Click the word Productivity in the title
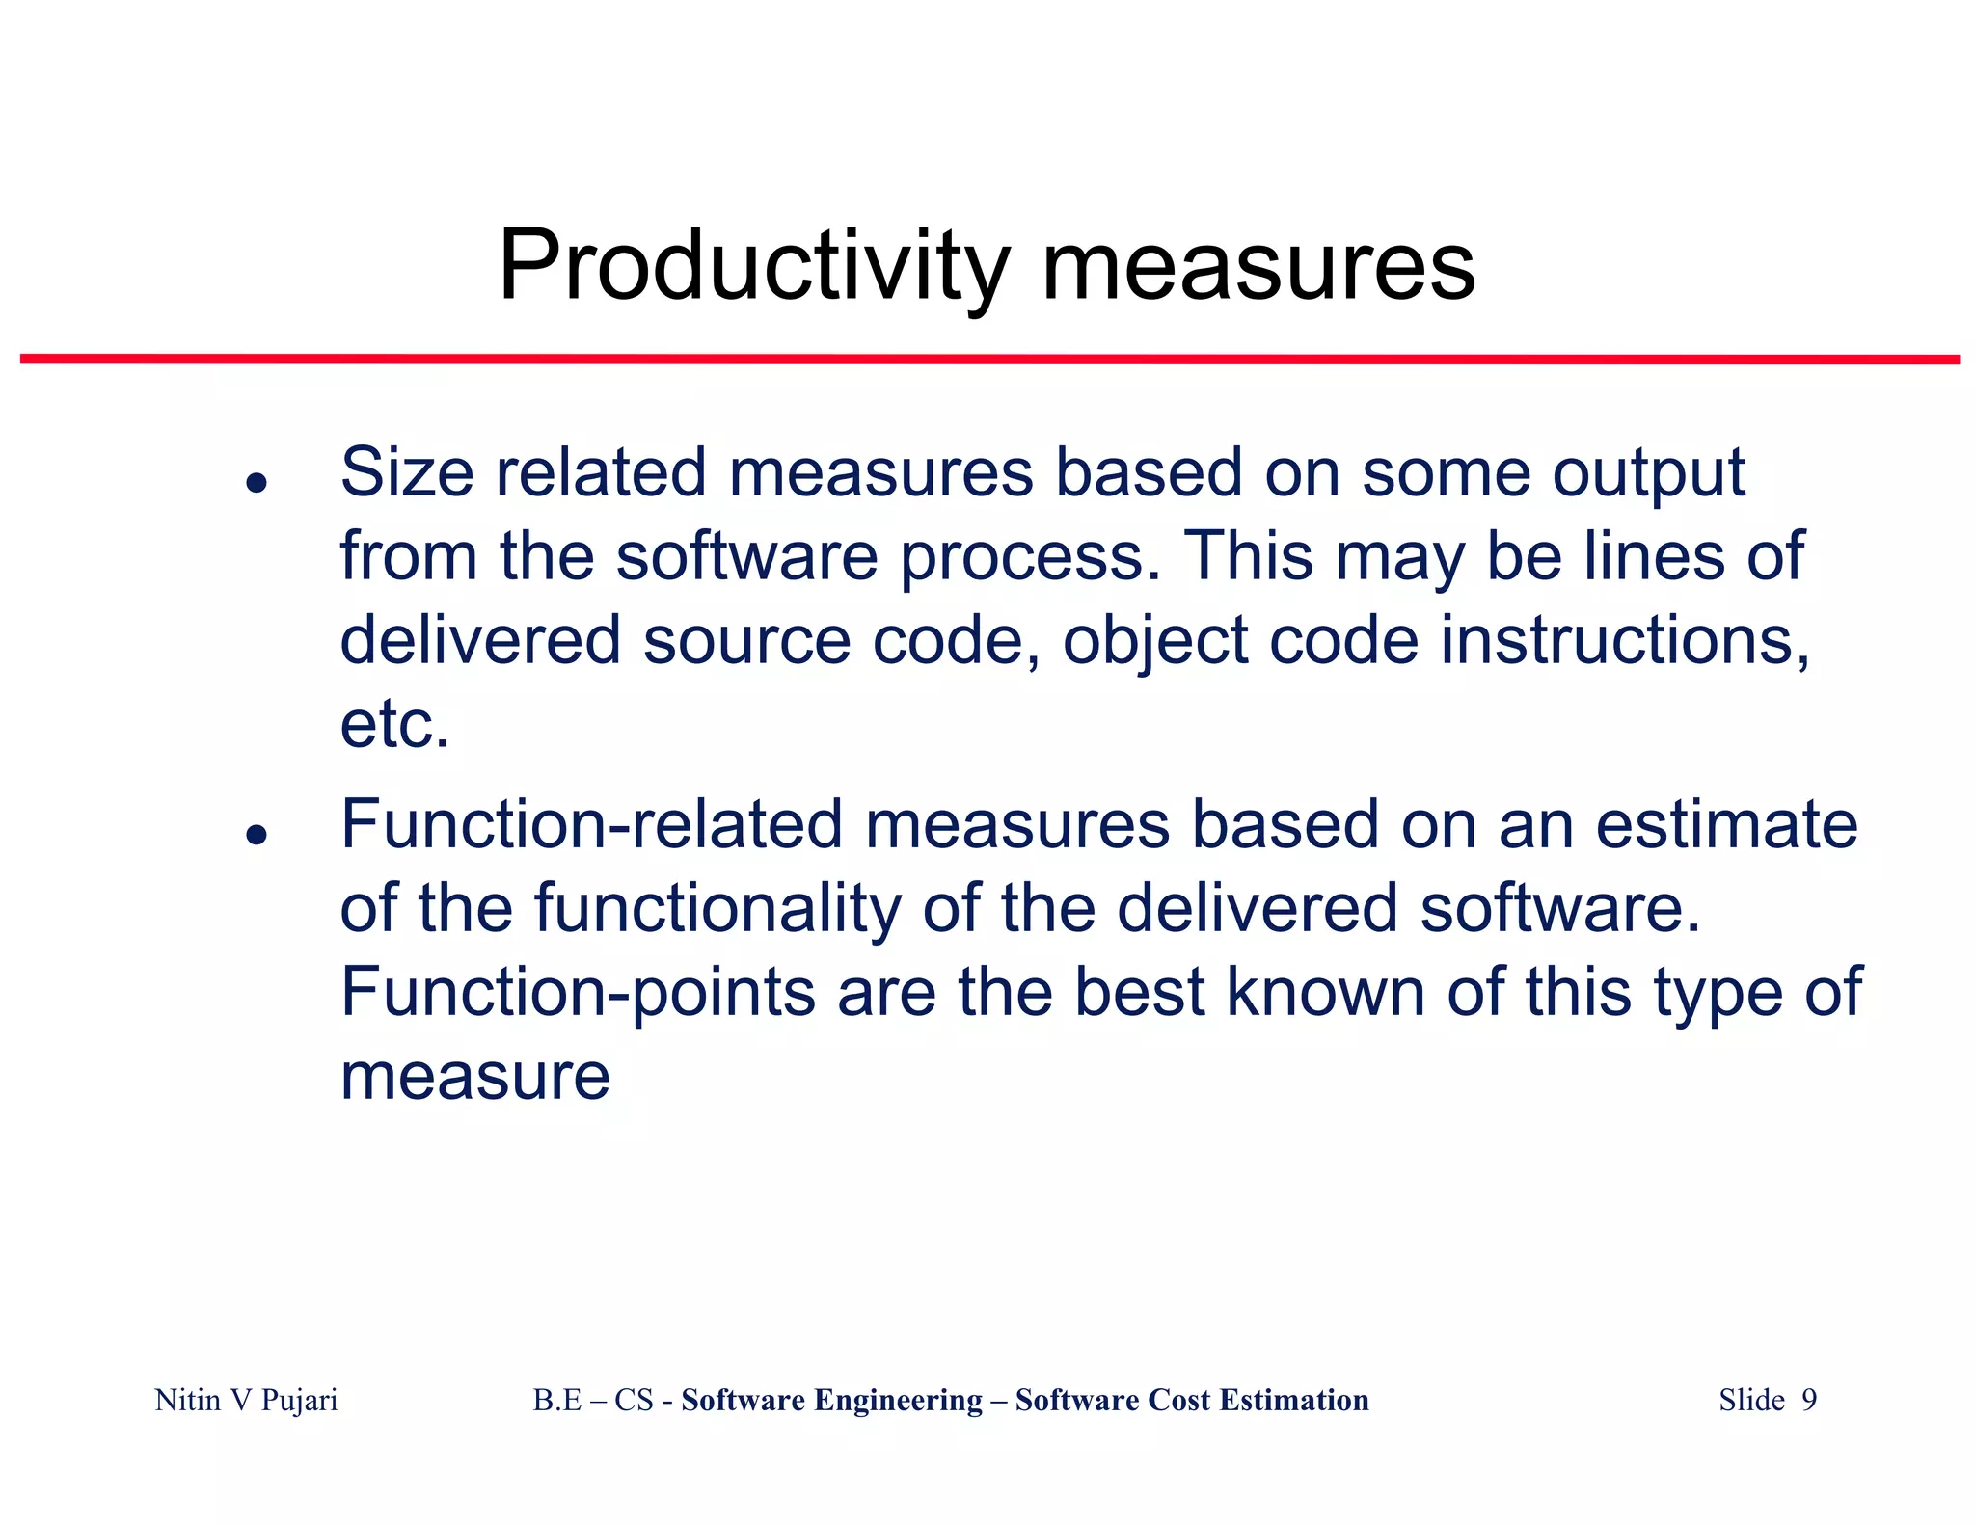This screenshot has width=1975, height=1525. [753, 267]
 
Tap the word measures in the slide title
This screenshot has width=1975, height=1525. [1258, 267]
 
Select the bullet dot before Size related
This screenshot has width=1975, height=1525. [256, 481]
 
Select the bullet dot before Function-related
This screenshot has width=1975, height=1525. [256, 833]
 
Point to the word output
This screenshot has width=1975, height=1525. [1648, 474]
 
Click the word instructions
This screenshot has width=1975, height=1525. [1625, 640]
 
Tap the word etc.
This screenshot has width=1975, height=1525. [394, 725]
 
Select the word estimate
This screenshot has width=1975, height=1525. [1726, 825]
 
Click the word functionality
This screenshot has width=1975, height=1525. [717, 909]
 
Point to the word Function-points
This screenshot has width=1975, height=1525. [578, 993]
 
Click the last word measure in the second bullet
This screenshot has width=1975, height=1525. [475, 1078]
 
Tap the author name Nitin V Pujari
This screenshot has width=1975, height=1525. [246, 1400]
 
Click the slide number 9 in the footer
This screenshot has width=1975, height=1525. [1809, 1400]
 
